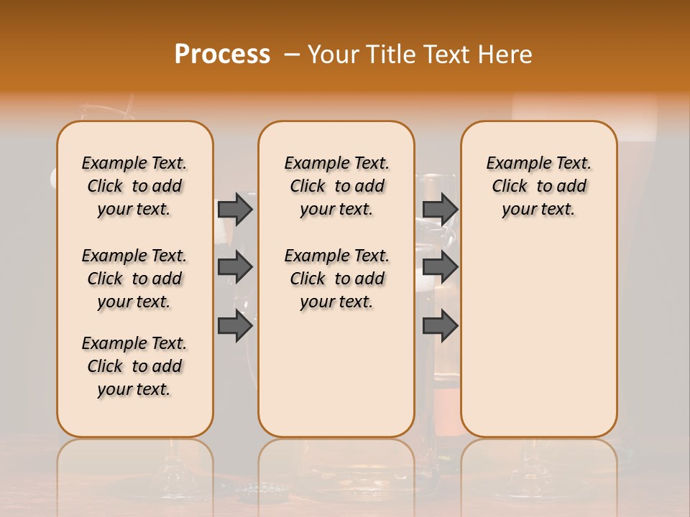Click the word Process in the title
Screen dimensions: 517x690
[222, 55]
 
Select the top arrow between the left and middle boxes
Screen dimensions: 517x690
[235, 209]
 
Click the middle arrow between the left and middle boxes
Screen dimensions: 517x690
[235, 267]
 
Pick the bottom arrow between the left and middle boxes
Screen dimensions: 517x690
[235, 326]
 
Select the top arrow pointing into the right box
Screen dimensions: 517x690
[440, 209]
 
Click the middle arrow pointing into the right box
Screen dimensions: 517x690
[440, 267]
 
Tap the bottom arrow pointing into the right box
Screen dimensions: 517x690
[440, 326]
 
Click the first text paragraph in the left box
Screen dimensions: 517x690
[134, 186]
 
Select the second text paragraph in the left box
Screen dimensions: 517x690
[134, 279]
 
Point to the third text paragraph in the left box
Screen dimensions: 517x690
[134, 366]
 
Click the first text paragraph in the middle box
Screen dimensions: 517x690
[336, 186]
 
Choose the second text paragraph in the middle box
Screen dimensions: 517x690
[336, 279]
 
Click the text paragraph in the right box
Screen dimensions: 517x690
[539, 186]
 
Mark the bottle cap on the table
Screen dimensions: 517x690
[259, 490]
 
